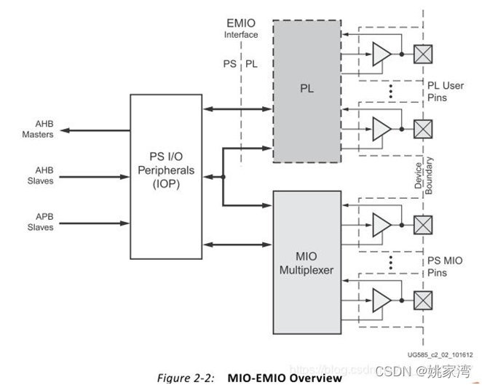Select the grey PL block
307,90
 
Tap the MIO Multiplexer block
307,262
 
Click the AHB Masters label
37,130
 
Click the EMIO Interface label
240,28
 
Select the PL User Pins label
445,91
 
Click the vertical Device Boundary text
423,175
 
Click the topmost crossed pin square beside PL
422,52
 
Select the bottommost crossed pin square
422,299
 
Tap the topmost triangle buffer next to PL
382,53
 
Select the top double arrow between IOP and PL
237,109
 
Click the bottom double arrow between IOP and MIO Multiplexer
237,245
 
